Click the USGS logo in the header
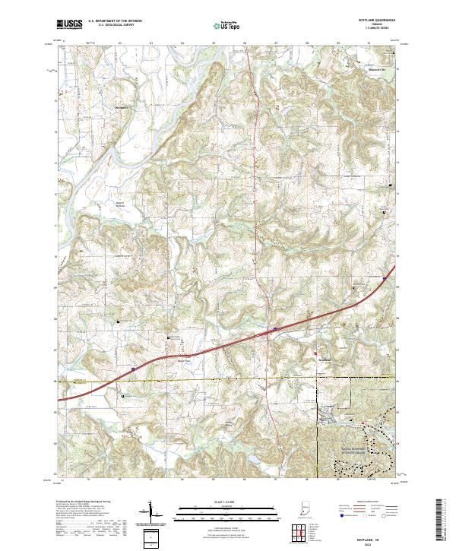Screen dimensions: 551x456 (69, 25)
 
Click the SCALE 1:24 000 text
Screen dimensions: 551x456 (228, 502)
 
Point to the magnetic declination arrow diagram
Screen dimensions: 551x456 (152, 515)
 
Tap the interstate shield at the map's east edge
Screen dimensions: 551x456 (385, 279)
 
